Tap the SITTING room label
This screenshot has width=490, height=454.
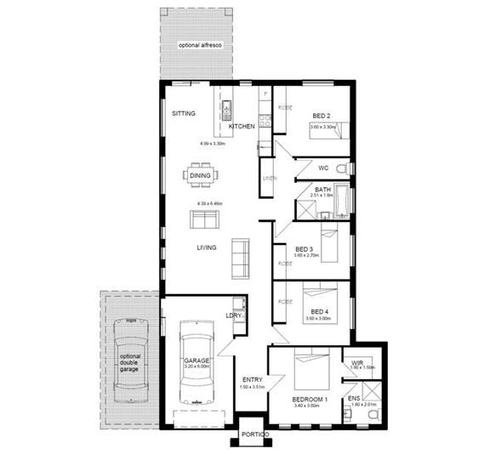[184, 113]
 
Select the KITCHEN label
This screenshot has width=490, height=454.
[242, 126]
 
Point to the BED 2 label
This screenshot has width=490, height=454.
[321, 116]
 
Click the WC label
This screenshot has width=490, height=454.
[323, 168]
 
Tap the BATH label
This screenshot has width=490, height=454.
[322, 190]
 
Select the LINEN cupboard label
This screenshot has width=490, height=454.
[270, 179]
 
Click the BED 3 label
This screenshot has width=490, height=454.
[305, 249]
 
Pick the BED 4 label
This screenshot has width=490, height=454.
[320, 312]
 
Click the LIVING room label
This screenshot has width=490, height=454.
[207, 247]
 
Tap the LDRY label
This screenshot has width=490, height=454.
[234, 316]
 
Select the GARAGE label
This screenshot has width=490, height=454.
[197, 360]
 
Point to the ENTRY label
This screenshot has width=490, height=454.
[252, 379]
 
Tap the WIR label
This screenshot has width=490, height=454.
[358, 363]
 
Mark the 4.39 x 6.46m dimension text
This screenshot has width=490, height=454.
[208, 204]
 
